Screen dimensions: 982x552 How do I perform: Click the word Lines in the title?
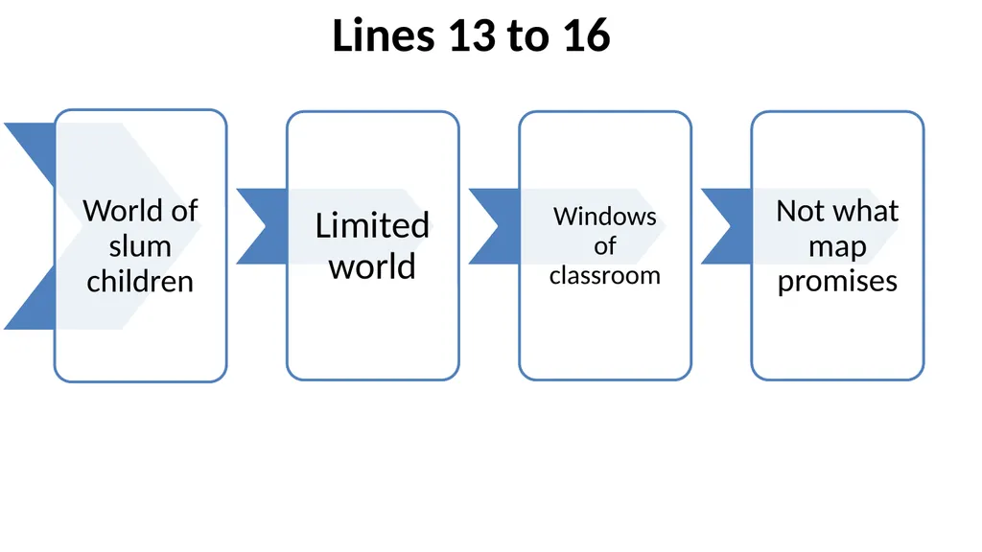(384, 35)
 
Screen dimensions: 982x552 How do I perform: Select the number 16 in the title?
(587, 35)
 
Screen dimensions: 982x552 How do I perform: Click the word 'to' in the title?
(528, 37)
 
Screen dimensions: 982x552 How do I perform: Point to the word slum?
(140, 246)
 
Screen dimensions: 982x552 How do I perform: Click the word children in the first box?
(140, 282)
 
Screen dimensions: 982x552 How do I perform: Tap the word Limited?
(372, 225)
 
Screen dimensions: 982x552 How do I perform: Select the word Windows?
(605, 217)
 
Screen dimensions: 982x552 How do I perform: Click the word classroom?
(605, 275)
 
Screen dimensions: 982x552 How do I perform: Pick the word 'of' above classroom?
(605, 246)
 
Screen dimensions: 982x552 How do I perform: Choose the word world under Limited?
(372, 266)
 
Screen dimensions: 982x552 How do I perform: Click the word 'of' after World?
(185, 211)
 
